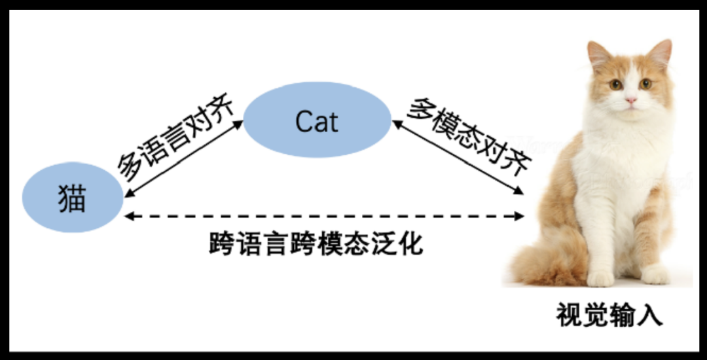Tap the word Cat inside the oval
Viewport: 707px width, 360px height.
pyautogui.click(x=317, y=122)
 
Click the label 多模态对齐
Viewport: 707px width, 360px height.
pyautogui.click(x=467, y=136)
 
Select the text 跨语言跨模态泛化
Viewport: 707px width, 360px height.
pyautogui.click(x=316, y=243)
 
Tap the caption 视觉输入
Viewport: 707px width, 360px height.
pyautogui.click(x=609, y=315)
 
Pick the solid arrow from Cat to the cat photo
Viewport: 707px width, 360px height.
pyautogui.click(x=458, y=157)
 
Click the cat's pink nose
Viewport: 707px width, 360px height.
pyautogui.click(x=630, y=101)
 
